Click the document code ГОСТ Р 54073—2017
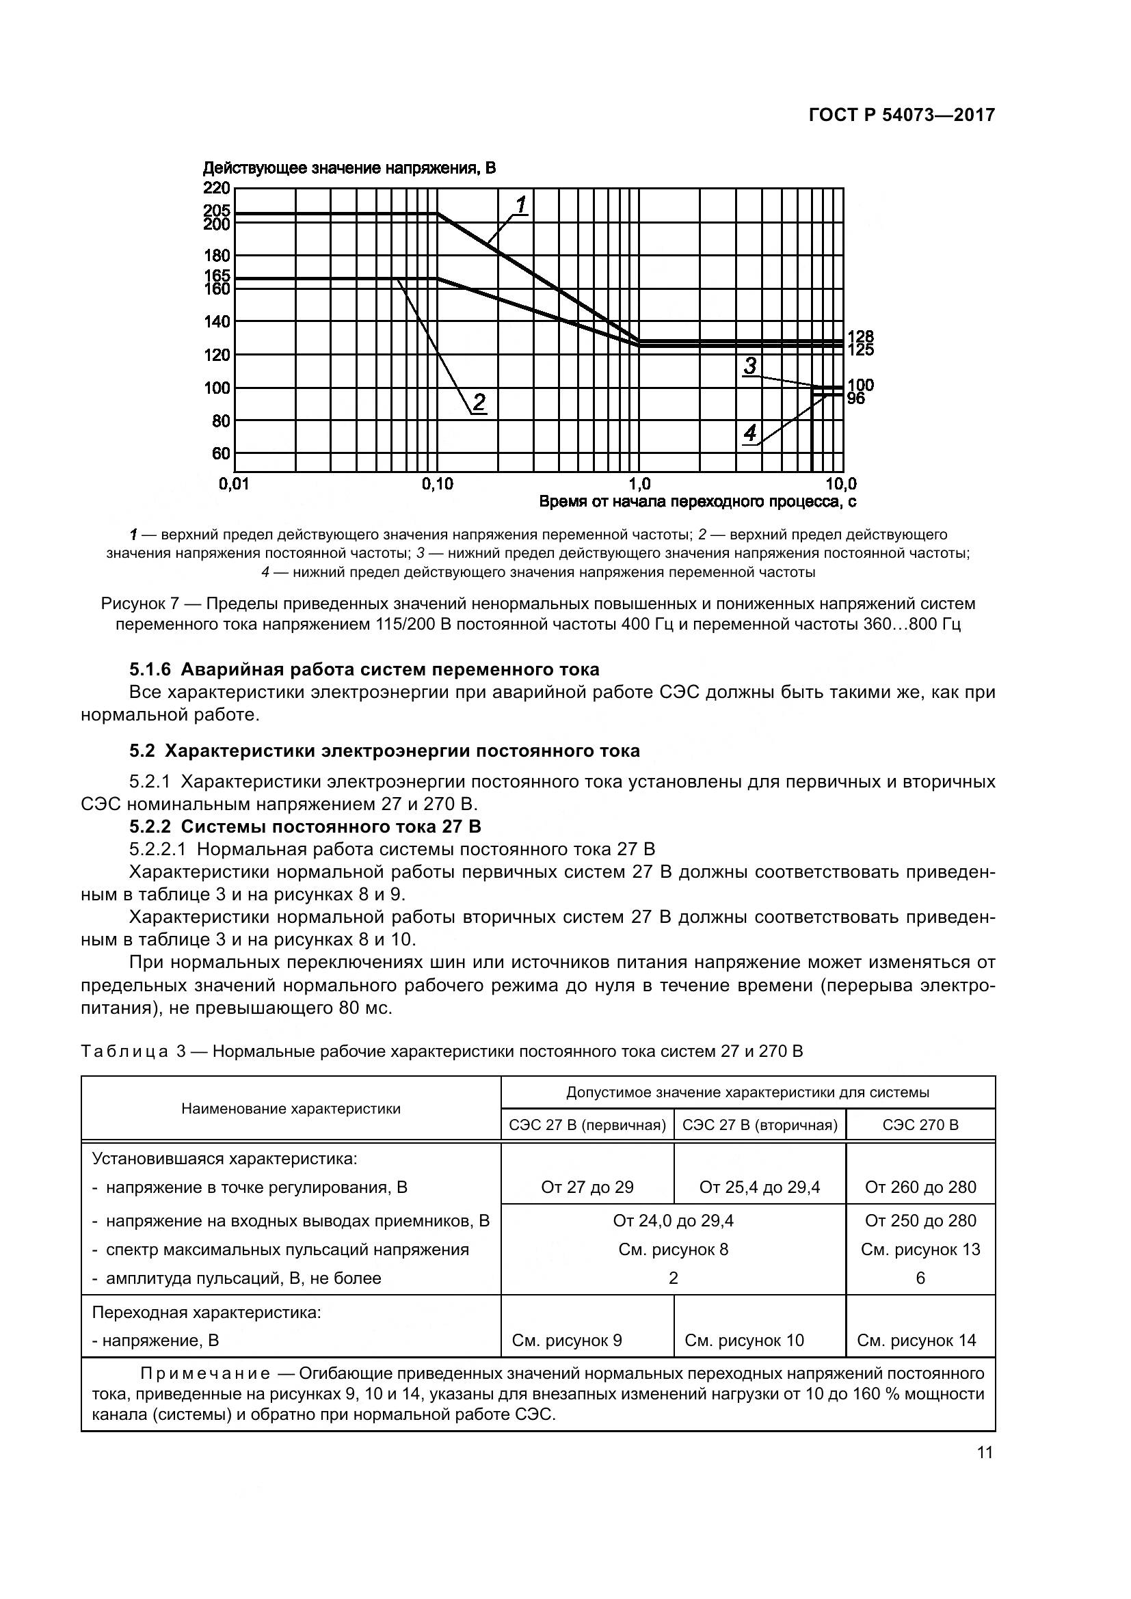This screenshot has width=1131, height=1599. [901, 115]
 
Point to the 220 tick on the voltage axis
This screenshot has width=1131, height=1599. [217, 188]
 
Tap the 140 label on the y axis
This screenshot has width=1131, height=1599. [217, 322]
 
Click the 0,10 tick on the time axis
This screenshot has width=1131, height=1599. [437, 483]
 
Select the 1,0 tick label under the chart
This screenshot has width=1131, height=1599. [639, 483]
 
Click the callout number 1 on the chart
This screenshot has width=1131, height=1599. [521, 205]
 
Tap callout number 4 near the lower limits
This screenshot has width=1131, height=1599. [750, 433]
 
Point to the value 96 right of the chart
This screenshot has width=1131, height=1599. [856, 399]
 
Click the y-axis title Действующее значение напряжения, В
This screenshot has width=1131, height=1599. [349, 168]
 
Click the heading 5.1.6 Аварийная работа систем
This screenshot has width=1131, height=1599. [364, 669]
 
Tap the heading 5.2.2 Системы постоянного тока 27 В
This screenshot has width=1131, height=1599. [305, 827]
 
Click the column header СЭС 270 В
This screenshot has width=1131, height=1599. [920, 1125]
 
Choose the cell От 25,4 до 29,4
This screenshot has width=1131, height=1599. [759, 1187]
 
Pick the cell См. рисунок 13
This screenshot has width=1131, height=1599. [920, 1250]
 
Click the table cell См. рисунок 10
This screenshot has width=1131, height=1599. [744, 1340]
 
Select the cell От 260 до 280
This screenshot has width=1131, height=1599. [920, 1187]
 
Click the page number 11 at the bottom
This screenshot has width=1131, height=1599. [985, 1453]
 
